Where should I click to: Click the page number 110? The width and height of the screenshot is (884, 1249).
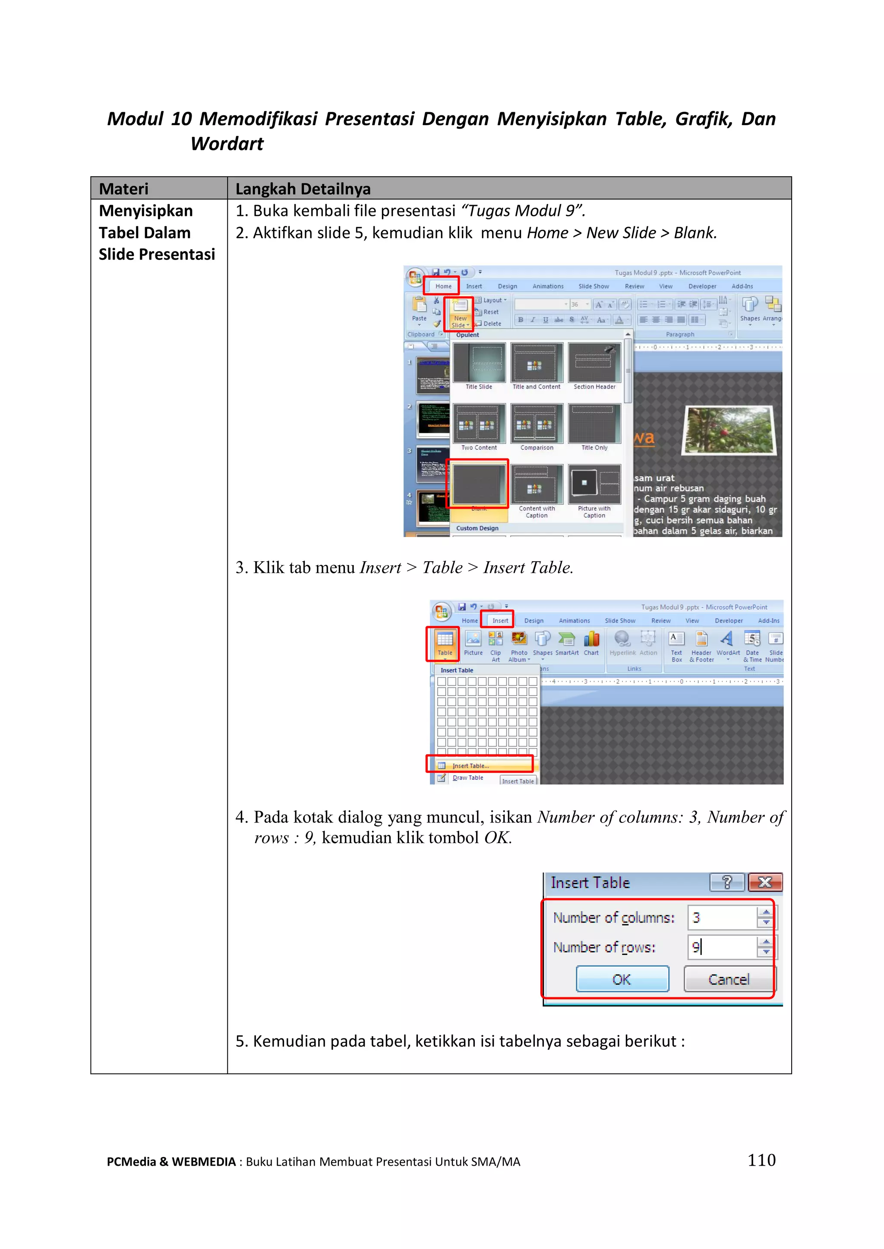(761, 1160)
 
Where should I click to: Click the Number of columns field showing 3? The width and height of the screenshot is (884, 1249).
(722, 918)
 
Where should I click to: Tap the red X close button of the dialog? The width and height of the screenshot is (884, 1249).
(765, 882)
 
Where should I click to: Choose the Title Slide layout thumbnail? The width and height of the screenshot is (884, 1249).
(479, 363)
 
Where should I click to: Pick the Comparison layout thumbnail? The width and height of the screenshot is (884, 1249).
(537, 424)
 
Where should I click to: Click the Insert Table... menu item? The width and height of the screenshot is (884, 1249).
(471, 765)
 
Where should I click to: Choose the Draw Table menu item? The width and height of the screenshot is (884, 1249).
(467, 778)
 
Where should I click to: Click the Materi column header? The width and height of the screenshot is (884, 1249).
(123, 189)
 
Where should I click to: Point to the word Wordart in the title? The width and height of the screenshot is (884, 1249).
(227, 144)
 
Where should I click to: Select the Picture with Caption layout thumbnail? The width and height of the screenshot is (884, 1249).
(594, 484)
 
